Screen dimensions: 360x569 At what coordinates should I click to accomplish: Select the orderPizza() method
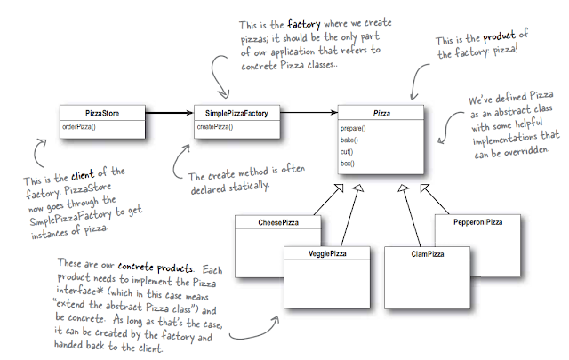[80, 126]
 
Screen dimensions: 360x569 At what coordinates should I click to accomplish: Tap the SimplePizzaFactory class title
[230, 113]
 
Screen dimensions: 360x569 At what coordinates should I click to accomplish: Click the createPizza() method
[214, 126]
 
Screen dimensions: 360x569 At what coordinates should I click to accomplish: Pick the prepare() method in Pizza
[353, 129]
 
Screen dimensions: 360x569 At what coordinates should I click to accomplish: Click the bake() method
[349, 140]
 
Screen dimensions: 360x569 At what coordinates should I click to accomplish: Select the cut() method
[348, 152]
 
